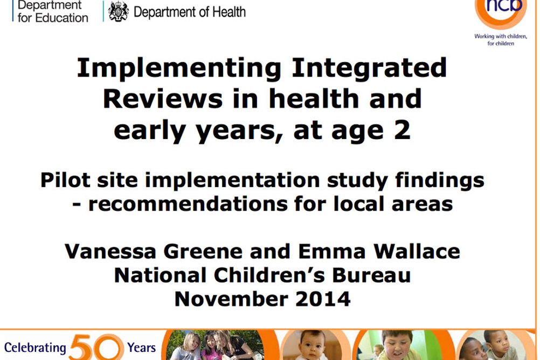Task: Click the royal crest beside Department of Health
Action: click(119, 12)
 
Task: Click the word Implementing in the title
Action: click(179, 68)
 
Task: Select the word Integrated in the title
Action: click(369, 68)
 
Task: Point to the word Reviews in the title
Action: click(163, 99)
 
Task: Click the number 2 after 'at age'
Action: click(402, 130)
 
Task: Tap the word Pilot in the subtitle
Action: click(65, 180)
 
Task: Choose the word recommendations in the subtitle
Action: click(188, 204)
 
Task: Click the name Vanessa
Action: click(110, 251)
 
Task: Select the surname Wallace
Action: click(417, 251)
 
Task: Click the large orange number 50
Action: click(96, 347)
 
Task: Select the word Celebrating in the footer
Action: click(35, 348)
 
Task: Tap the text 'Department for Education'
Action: click(53, 11)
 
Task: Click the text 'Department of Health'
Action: click(189, 12)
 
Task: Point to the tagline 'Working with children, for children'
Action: click(501, 40)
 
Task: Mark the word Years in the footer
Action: click(142, 348)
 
